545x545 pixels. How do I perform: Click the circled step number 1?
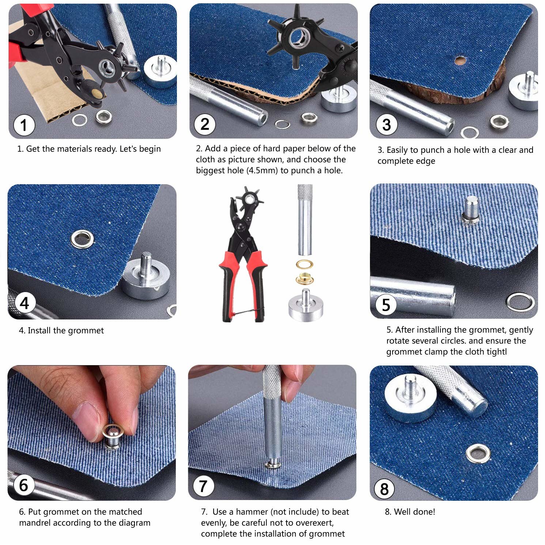(x=24, y=125)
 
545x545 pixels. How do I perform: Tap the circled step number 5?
(x=386, y=305)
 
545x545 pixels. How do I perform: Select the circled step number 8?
(x=384, y=489)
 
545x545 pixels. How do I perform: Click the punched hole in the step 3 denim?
(x=460, y=60)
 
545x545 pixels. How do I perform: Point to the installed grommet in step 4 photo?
(x=82, y=239)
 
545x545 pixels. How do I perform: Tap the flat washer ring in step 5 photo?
(x=521, y=302)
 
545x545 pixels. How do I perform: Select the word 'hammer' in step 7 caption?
(x=252, y=512)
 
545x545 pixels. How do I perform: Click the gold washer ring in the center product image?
(x=305, y=264)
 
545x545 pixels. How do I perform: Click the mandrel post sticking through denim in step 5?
(x=471, y=210)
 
